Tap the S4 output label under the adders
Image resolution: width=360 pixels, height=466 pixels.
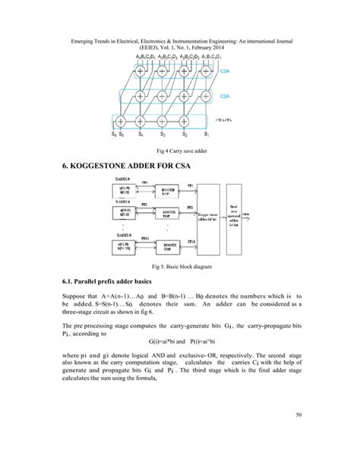(x=141, y=135)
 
